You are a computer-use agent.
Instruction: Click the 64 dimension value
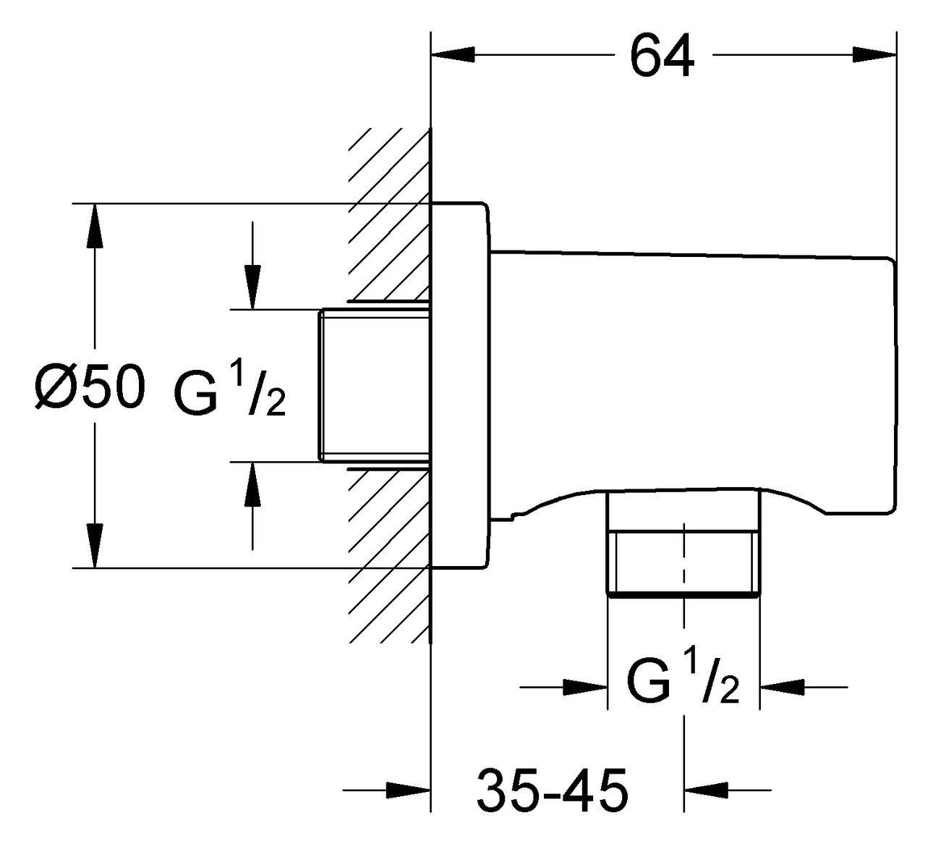(x=661, y=56)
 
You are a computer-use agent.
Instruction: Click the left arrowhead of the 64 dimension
(x=453, y=55)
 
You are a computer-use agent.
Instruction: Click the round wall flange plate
(x=460, y=384)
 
